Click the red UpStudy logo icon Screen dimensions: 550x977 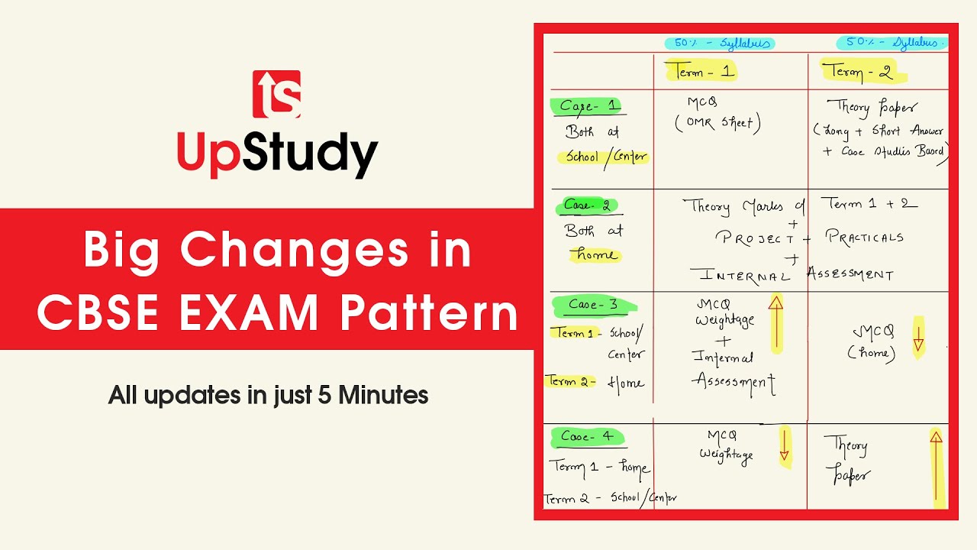[276, 94]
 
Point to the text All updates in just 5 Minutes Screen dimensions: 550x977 [268, 395]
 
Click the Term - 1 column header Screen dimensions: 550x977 [701, 72]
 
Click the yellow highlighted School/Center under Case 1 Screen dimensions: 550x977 [606, 157]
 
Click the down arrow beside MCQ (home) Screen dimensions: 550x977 [918, 335]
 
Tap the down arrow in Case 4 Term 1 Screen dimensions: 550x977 [784, 447]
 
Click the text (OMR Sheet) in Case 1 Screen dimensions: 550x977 [717, 123]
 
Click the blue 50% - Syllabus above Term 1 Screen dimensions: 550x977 [719, 44]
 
